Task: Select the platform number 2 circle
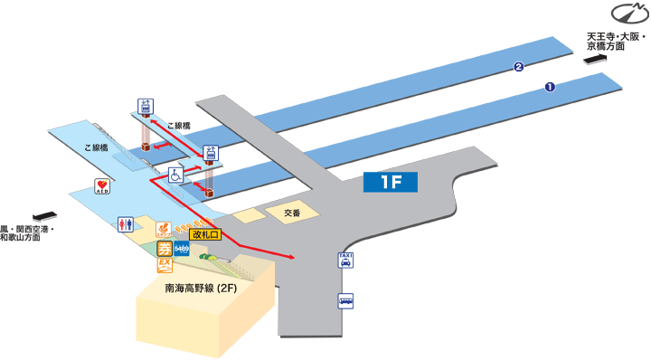tap(518, 66)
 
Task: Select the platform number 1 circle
tap(548, 87)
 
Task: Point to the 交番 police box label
tap(291, 213)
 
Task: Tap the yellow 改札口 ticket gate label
tap(204, 233)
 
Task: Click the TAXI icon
tap(345, 261)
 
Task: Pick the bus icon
tap(345, 301)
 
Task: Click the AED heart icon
tap(103, 186)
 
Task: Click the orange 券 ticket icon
tap(164, 248)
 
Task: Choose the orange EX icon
tap(165, 265)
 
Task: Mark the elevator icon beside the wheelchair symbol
tap(212, 153)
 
